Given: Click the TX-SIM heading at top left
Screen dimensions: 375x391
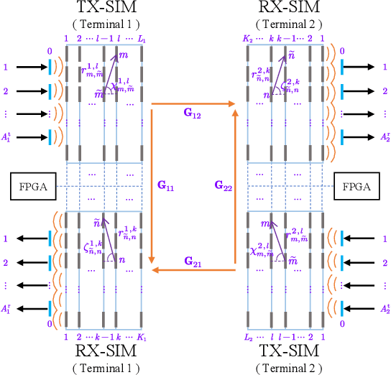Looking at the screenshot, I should pos(109,9).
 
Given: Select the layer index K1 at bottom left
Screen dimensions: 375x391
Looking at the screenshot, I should pos(140,337).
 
